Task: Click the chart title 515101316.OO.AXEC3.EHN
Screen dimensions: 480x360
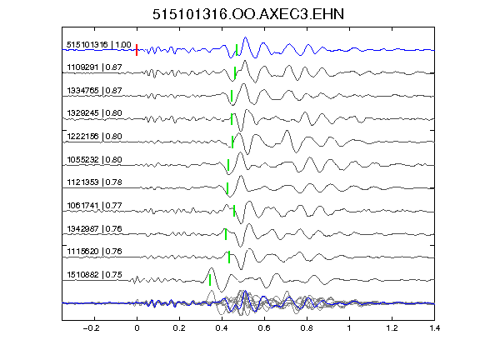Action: click(248, 14)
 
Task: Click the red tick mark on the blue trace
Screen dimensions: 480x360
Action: click(137, 50)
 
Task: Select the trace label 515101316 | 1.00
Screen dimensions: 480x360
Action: click(99, 45)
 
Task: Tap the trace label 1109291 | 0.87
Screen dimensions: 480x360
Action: click(94, 67)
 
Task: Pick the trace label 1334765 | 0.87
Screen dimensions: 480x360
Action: click(94, 91)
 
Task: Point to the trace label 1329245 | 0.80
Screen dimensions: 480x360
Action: click(94, 113)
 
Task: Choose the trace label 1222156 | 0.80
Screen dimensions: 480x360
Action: click(94, 136)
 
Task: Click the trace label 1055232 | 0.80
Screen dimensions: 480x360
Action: click(94, 159)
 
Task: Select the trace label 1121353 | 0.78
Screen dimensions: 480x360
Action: click(94, 182)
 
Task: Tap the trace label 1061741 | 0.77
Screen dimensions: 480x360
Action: click(94, 205)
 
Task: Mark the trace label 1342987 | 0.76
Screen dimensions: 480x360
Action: click(94, 228)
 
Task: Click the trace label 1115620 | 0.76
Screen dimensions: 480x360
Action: click(94, 252)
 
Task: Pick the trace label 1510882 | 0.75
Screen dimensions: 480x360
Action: click(94, 275)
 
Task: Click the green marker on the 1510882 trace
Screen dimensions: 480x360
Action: click(210, 280)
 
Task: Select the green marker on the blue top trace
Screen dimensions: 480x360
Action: click(237, 50)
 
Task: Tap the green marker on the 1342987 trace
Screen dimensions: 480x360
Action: click(226, 234)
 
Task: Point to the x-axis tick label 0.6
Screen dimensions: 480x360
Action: click(264, 328)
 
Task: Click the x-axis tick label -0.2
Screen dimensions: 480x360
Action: click(91, 328)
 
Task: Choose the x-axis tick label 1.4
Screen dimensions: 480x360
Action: click(434, 328)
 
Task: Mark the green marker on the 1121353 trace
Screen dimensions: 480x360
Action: click(227, 188)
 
